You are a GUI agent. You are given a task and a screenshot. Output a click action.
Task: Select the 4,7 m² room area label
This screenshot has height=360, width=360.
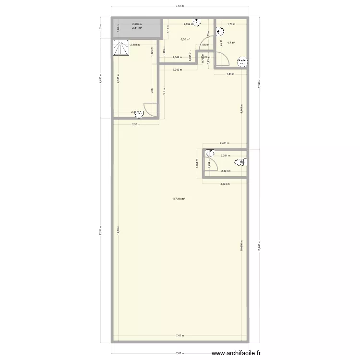coord(231,43)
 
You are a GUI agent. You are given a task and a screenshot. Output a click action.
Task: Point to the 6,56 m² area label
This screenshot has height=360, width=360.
coord(185,40)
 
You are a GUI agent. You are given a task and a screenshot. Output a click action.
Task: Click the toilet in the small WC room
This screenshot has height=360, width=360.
coord(239,162)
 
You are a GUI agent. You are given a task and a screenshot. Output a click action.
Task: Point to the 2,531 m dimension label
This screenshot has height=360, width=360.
coord(225,184)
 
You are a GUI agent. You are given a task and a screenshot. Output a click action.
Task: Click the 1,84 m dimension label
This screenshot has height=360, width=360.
coord(230,74)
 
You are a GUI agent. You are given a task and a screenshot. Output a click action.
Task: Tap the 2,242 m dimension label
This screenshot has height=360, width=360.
coord(177,70)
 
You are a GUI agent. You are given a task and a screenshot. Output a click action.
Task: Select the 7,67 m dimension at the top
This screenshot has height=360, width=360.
coord(180,6)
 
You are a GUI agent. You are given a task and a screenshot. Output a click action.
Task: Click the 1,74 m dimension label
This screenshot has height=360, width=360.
coord(231,24)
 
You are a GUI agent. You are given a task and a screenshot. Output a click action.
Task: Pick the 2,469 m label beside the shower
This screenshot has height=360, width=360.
coord(135,45)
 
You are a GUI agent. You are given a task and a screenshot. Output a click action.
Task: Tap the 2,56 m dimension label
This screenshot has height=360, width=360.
coord(136,124)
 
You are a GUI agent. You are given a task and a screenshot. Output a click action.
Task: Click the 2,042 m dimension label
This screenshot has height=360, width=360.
coord(177,57)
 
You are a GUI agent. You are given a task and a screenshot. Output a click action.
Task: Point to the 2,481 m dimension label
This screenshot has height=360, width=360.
coord(224,143)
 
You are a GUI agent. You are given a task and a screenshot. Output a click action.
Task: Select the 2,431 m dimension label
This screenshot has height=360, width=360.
coord(225,170)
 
